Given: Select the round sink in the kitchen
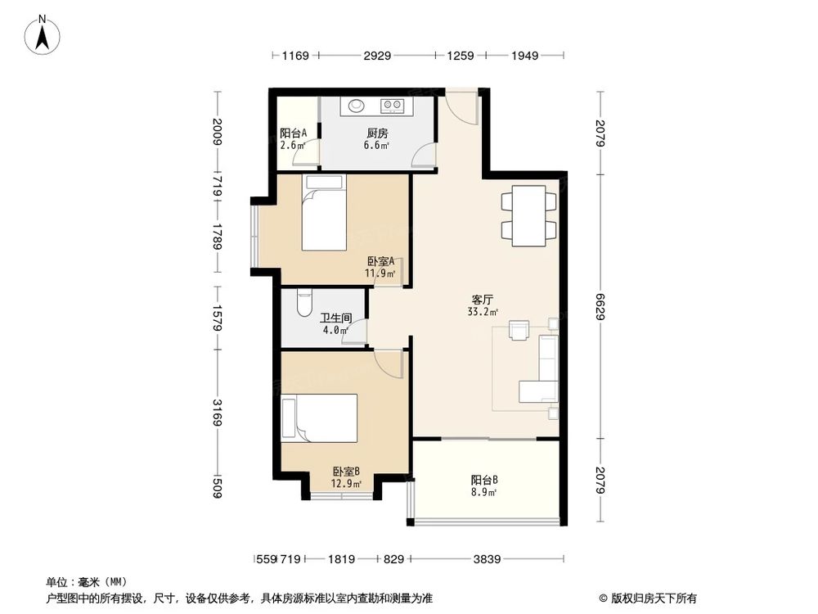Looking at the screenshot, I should (357, 105).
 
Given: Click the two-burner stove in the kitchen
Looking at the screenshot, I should (392, 105).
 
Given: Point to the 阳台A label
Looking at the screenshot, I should (293, 133).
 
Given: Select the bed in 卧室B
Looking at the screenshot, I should (319, 418).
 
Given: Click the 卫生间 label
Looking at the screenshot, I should (335, 318).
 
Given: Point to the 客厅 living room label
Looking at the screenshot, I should (480, 300).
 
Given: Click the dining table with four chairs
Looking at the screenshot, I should (528, 215).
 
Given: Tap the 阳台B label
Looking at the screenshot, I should (484, 481).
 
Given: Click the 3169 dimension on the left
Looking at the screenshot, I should (217, 409).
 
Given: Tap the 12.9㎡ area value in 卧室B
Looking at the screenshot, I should (346, 484).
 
